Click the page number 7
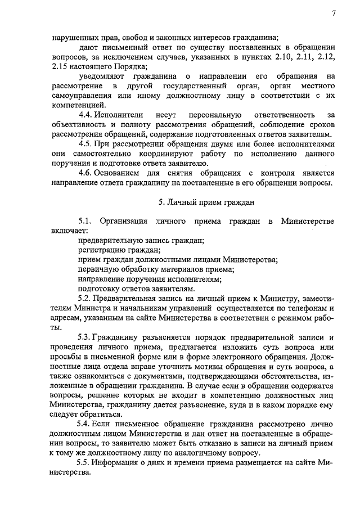coord(334,13)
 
